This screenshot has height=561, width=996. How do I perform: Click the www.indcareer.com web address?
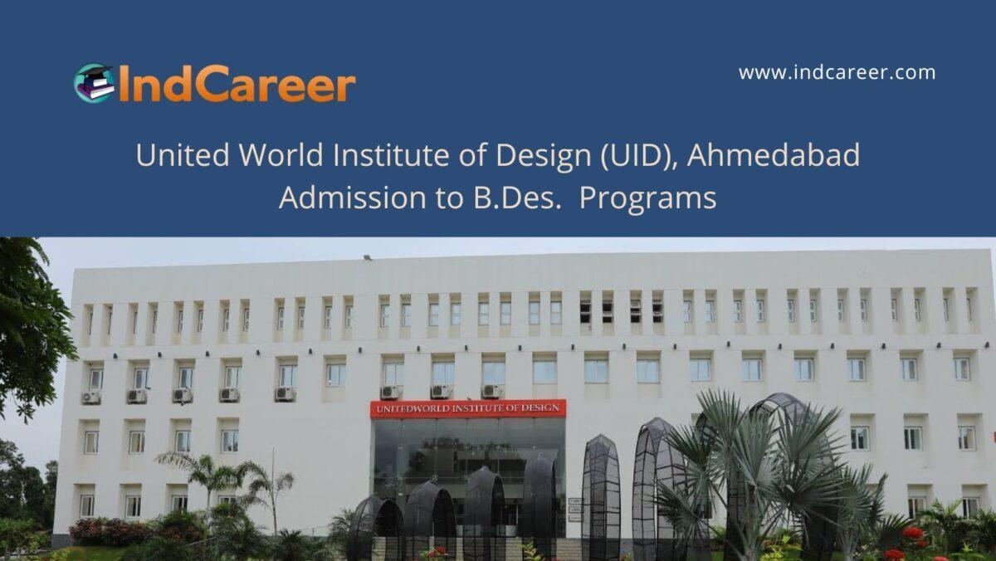[837, 72]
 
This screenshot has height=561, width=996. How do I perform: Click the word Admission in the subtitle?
[349, 199]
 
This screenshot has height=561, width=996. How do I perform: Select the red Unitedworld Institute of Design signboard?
[467, 408]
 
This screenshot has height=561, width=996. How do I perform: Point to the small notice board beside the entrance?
[574, 508]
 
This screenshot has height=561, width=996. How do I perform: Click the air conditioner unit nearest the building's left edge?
[90, 397]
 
